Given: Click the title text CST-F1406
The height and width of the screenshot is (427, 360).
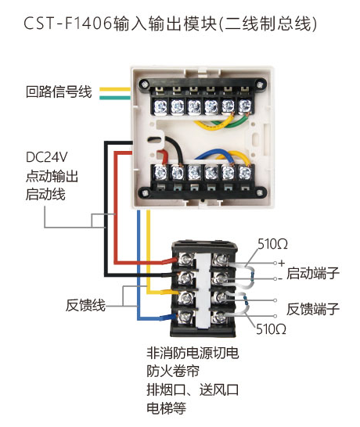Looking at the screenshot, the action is pyautogui.click(x=68, y=23).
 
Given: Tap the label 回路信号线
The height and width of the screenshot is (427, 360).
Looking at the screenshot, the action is pyautogui.click(x=59, y=91).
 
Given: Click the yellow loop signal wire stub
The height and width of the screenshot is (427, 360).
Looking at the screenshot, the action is pyautogui.click(x=115, y=89).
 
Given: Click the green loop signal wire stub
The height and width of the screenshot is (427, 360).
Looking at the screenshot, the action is pyautogui.click(x=115, y=98).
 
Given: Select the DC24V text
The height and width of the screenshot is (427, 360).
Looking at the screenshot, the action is pyautogui.click(x=47, y=157).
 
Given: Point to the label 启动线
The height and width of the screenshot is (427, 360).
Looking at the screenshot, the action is pyautogui.click(x=45, y=195).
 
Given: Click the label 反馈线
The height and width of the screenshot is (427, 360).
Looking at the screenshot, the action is pyautogui.click(x=85, y=305).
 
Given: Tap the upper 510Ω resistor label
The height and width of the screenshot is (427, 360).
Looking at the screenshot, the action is pyautogui.click(x=272, y=244).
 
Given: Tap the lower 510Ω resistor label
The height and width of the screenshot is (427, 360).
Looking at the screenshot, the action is pyautogui.click(x=271, y=329).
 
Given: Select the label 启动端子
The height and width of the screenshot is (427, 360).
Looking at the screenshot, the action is pyautogui.click(x=313, y=273).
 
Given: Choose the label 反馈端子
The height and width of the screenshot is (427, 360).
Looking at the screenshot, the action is pyautogui.click(x=313, y=309).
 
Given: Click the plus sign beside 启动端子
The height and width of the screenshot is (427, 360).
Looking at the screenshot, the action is pyautogui.click(x=282, y=263).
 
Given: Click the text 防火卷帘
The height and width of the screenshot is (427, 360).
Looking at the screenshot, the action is pyautogui.click(x=173, y=371).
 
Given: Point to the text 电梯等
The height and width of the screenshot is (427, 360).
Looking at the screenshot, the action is pyautogui.click(x=166, y=408).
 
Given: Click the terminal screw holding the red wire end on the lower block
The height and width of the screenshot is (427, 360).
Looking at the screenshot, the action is pyautogui.click(x=185, y=260).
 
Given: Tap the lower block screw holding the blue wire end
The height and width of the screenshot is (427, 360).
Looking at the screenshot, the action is pyautogui.click(x=185, y=316).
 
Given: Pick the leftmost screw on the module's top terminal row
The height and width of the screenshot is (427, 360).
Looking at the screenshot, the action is pyautogui.click(x=160, y=106).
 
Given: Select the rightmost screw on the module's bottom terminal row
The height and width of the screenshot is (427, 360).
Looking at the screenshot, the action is pyautogui.click(x=245, y=172).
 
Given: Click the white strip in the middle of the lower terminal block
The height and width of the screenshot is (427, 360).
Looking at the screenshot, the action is pyautogui.click(x=203, y=289).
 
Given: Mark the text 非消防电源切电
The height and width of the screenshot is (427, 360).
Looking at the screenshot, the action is pyautogui.click(x=193, y=353).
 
